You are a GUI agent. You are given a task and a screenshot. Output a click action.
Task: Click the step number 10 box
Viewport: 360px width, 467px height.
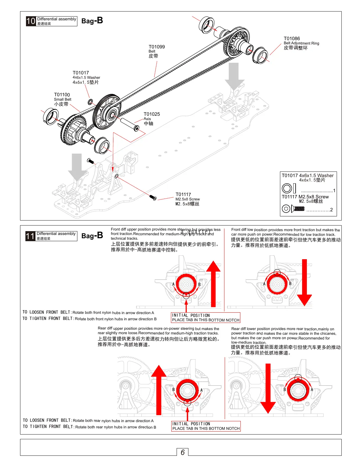31,21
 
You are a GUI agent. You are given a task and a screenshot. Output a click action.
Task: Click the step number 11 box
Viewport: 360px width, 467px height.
30,236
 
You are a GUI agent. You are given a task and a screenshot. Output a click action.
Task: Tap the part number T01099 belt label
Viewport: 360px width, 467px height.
157,47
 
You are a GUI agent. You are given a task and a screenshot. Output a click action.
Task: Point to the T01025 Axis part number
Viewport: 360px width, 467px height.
152,114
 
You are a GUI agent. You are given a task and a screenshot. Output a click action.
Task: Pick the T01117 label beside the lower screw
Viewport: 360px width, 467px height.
183,195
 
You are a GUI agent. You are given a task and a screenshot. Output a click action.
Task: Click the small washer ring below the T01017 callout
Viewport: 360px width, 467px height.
91,102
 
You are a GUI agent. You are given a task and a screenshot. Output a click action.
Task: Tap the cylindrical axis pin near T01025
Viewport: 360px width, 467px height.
129,124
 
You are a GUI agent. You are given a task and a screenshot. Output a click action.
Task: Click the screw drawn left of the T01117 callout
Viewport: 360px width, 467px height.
153,197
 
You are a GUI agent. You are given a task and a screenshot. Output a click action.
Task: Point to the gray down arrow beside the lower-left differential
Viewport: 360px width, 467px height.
77,166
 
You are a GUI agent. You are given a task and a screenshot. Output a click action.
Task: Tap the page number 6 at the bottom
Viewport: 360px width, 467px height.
183,452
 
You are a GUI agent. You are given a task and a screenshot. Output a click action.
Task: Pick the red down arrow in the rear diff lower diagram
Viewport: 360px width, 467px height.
268,388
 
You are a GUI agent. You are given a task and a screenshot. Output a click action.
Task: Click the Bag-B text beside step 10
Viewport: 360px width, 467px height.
92,21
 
